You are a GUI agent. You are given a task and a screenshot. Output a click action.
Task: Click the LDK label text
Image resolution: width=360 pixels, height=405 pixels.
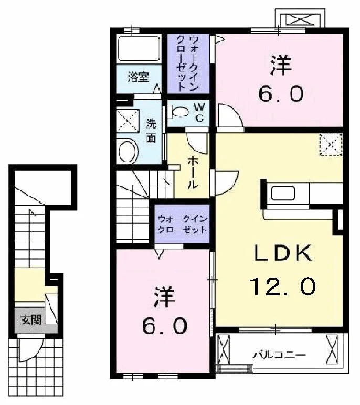click(x=282, y=253)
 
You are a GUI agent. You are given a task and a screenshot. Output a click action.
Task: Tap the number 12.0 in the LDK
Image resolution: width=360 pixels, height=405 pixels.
click(x=283, y=286)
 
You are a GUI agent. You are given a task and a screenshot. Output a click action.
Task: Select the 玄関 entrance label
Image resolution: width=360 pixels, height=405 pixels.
click(x=31, y=320)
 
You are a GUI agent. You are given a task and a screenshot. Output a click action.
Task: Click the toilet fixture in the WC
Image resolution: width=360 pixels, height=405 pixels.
click(x=178, y=112)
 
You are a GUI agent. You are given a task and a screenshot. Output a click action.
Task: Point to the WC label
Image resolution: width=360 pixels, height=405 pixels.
click(x=199, y=113)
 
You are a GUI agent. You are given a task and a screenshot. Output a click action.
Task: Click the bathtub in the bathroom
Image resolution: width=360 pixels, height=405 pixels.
click(x=139, y=49)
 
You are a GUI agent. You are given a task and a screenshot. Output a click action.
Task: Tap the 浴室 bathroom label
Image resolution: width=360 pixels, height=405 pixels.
click(x=138, y=77)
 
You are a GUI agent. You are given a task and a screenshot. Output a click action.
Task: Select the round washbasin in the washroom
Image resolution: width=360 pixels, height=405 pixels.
click(x=128, y=151)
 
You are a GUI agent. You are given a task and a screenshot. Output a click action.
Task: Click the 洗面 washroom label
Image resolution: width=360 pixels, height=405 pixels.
click(x=151, y=131)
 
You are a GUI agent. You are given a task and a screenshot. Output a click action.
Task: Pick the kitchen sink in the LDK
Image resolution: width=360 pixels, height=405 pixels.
click(x=283, y=193)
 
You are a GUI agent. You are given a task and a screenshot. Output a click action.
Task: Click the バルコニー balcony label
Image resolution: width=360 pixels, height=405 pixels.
click(x=279, y=355)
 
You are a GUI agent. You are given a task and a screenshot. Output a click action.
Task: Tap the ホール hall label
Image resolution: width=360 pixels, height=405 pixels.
click(x=193, y=173)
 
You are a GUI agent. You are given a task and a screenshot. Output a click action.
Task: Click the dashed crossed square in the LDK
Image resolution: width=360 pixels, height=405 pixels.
click(x=331, y=144)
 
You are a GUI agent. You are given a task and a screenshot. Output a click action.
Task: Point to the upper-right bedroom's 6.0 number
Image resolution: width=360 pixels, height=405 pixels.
click(x=281, y=93)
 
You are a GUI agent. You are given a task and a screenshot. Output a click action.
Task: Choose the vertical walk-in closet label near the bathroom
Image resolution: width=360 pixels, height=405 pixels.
click(x=188, y=63)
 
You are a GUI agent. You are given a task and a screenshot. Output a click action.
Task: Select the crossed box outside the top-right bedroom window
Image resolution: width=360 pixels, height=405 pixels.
click(x=300, y=19)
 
